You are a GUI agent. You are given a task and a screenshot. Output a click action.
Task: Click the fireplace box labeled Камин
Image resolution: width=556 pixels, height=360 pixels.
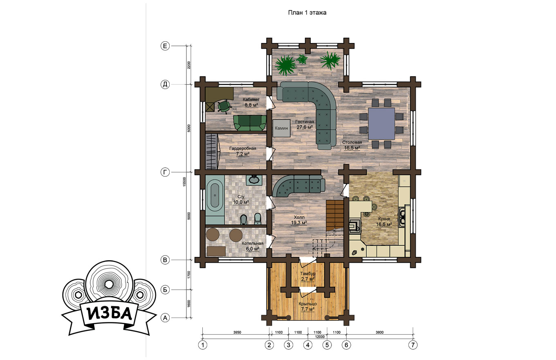coord(281,128)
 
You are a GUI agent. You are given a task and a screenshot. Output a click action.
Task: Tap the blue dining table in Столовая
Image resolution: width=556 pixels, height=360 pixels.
coord(381,124)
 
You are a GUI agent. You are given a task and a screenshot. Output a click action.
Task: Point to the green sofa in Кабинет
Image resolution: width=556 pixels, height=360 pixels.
coord(250,123)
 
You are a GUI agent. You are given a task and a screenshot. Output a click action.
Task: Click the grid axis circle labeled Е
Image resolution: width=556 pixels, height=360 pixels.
coord(165,46)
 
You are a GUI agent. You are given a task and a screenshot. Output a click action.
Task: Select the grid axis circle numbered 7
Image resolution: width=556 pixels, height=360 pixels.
coord(413,345)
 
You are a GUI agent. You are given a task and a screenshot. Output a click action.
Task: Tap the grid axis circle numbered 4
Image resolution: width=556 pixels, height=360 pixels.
coord(308,345)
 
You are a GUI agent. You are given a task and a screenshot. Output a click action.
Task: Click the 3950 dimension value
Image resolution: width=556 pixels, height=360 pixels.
coord(237,333)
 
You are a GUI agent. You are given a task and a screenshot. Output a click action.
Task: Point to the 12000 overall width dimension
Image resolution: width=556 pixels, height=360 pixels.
coord(320,337)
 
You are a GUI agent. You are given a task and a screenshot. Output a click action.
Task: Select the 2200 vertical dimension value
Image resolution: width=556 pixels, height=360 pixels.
coord(189,65)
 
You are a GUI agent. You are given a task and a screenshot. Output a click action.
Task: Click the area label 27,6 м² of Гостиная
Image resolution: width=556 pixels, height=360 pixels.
coord(305,127)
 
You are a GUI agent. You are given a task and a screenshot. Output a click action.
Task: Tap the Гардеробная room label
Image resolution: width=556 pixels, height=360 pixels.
coord(242,148)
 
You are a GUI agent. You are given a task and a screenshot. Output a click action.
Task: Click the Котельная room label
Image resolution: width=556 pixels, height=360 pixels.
coord(252,243)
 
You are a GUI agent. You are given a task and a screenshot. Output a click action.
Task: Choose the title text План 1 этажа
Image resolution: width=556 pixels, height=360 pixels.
coord(307,12)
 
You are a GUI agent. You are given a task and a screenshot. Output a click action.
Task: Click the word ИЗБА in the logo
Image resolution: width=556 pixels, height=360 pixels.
coord(110,314)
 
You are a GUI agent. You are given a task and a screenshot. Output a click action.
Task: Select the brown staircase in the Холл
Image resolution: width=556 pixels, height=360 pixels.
coord(335,215)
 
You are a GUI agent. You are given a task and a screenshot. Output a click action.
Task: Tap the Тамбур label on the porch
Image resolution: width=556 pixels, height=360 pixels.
coord(308,273)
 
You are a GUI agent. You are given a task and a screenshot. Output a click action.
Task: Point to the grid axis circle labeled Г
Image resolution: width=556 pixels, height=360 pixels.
coord(165,172)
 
